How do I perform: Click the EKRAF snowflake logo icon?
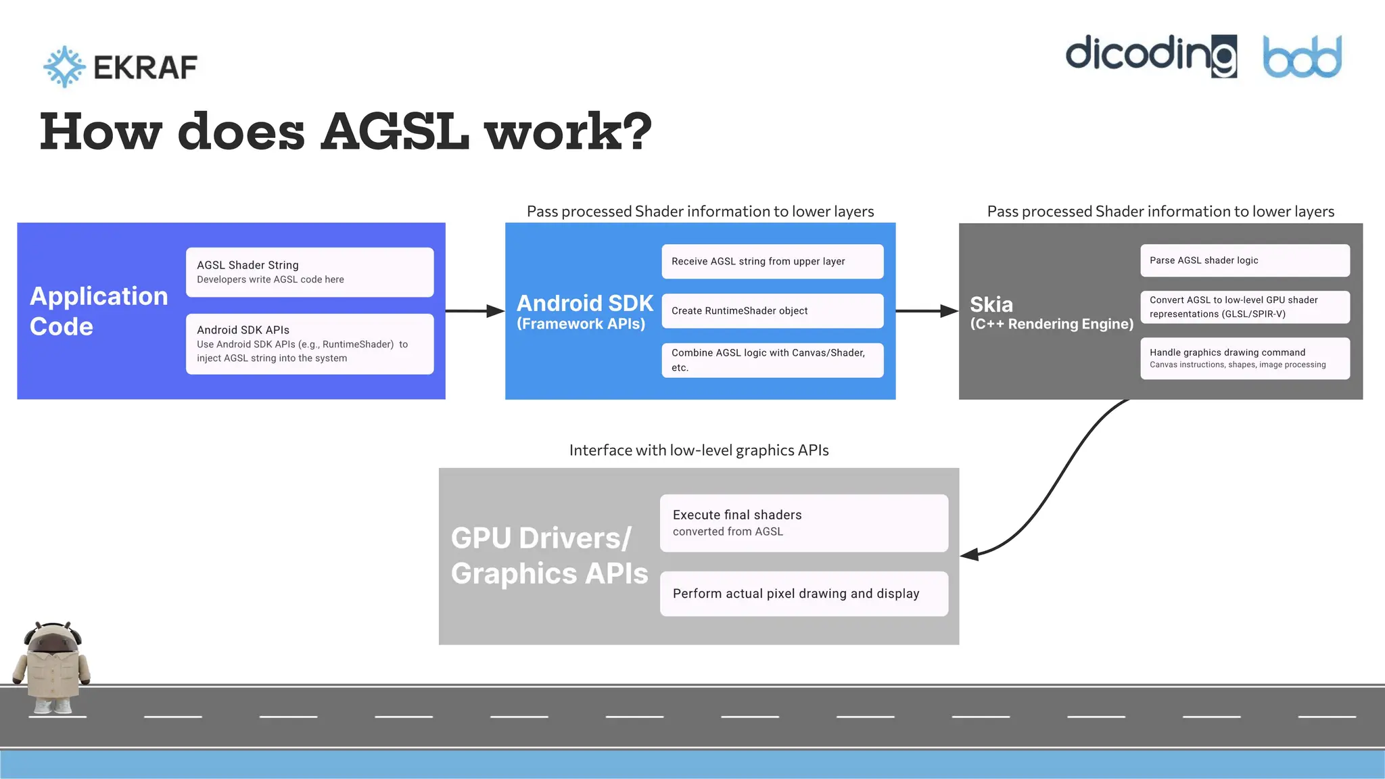64,66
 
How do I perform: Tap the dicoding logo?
1150,55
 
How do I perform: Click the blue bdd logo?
1302,57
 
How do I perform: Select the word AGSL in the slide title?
395,131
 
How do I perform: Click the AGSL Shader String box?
310,272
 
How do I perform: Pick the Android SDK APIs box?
310,344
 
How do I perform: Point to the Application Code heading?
99,311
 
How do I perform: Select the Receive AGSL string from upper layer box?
772,261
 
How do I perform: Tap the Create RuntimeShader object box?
772,310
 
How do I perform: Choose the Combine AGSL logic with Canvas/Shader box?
772,360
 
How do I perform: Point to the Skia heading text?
991,304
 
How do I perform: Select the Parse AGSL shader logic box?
1244,260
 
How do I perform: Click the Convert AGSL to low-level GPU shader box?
1244,307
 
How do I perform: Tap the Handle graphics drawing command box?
1244,358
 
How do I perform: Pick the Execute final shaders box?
803,523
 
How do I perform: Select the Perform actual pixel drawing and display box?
803,593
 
